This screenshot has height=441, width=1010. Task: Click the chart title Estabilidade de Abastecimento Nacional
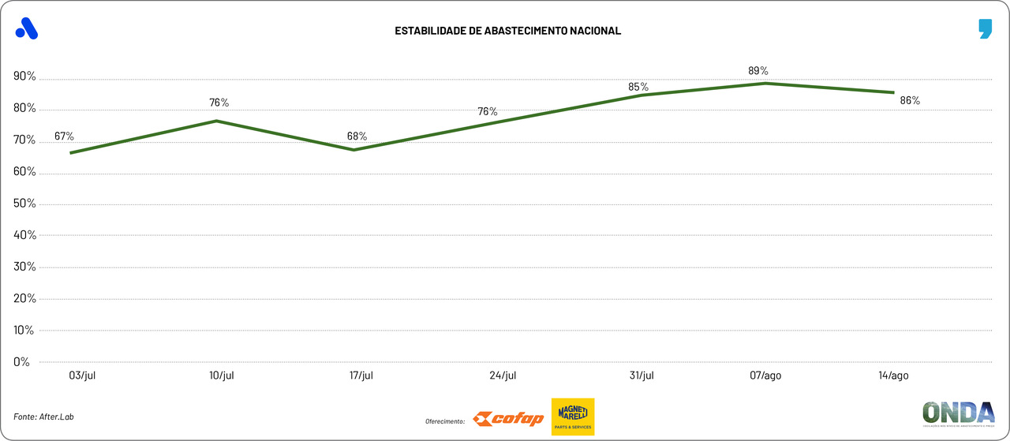pyautogui.click(x=508, y=31)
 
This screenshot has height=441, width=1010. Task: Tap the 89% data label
pyautogui.click(x=758, y=71)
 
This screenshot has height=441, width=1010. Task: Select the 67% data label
pyautogui.click(x=64, y=136)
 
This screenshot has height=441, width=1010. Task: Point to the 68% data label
pyautogui.click(x=357, y=136)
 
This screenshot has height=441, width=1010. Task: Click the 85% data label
pyautogui.click(x=638, y=87)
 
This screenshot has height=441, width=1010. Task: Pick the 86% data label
pyautogui.click(x=910, y=100)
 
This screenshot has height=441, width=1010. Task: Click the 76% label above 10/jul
pyautogui.click(x=219, y=103)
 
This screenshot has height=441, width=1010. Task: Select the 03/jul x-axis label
pyautogui.click(x=83, y=376)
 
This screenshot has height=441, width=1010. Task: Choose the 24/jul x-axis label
pyautogui.click(x=503, y=376)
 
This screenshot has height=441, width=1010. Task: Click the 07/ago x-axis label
pyautogui.click(x=765, y=376)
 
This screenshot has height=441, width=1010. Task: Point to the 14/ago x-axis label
pyautogui.click(x=893, y=376)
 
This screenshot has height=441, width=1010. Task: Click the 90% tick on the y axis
pyautogui.click(x=24, y=77)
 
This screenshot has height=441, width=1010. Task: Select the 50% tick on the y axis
pyautogui.click(x=24, y=204)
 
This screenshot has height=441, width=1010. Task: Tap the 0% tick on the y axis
pyautogui.click(x=21, y=362)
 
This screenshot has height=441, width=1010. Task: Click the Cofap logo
pyautogui.click(x=508, y=419)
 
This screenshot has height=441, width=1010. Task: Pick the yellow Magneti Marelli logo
pyautogui.click(x=573, y=417)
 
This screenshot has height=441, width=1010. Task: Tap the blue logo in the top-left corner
pyautogui.click(x=27, y=28)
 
